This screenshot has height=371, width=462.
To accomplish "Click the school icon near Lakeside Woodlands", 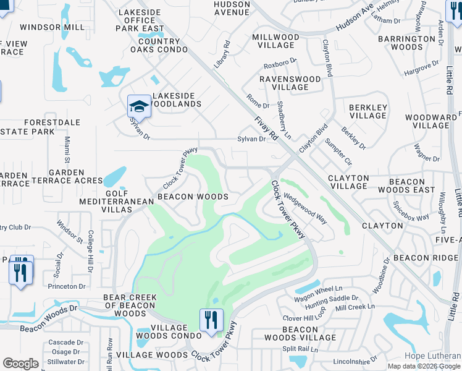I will coord(140,106).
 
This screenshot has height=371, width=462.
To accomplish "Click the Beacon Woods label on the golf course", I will coord(192,197).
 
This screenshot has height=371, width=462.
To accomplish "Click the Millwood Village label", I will coord(275,41).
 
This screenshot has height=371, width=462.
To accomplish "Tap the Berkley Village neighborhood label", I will coord(368,111).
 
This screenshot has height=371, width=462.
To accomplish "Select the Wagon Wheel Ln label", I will coord(319,289).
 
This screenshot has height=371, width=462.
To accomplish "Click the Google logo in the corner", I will coord(20,364).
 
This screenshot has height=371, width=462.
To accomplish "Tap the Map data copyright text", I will coord(424,366).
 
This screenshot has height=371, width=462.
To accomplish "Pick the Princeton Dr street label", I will coord(67,286).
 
